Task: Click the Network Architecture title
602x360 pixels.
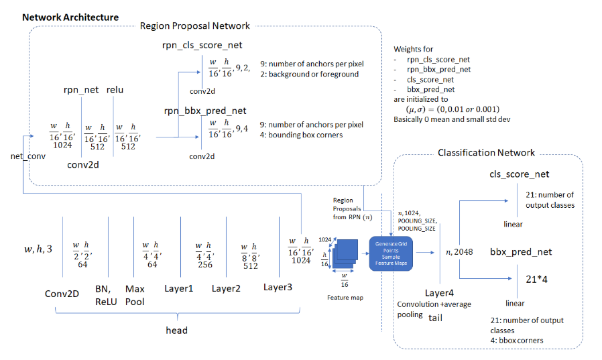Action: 70,17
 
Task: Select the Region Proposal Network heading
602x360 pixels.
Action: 194,25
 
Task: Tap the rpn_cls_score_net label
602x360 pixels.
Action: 202,46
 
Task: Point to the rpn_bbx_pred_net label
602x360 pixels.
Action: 202,111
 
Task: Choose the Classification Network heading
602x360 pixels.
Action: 486,153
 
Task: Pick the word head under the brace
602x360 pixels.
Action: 177,330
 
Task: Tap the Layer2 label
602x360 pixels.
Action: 226,288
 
